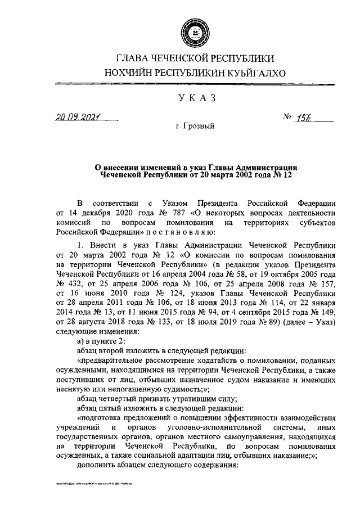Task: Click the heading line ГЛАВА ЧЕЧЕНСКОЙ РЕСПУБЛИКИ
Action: [x=195, y=58]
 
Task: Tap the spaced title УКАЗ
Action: [x=195, y=98]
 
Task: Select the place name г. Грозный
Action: [x=195, y=128]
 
